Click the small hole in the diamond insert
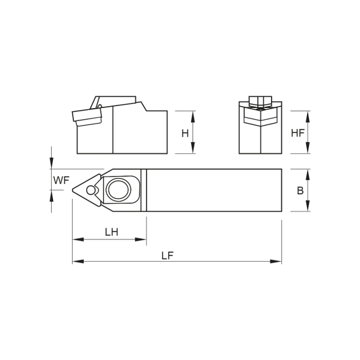90,189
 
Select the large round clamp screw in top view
120,190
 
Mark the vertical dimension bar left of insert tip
50,178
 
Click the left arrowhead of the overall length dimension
77,263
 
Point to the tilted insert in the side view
88,118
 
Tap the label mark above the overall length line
168,254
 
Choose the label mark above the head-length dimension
112,230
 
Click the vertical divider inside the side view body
115,131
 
